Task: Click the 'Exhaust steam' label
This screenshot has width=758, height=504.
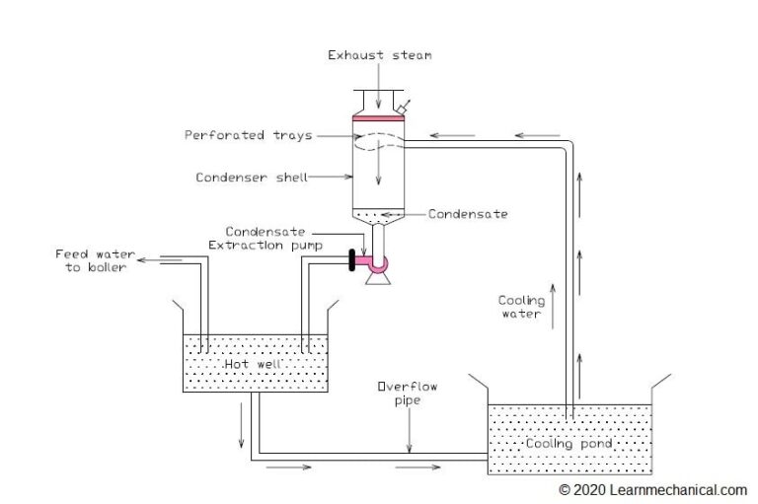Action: pyautogui.click(x=379, y=55)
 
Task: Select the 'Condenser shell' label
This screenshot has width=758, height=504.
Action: pyautogui.click(x=252, y=178)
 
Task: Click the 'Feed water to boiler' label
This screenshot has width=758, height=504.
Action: pyautogui.click(x=91, y=261)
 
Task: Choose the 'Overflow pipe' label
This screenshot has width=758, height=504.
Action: pyautogui.click(x=406, y=394)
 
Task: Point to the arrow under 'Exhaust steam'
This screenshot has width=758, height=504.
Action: pyautogui.click(x=379, y=84)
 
